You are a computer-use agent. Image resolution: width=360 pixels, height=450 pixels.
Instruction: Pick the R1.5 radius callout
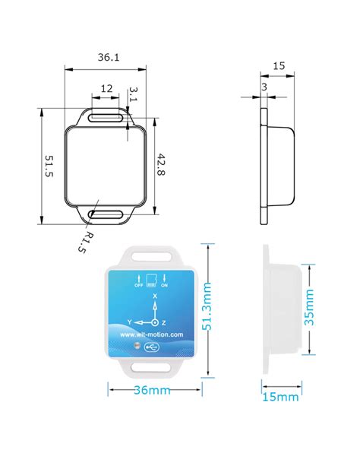point(87,242)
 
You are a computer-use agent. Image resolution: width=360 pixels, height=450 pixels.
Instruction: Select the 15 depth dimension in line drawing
point(278,66)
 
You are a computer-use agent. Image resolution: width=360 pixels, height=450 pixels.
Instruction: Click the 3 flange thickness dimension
point(263,88)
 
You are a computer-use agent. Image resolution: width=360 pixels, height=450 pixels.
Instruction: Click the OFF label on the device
point(138,285)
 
